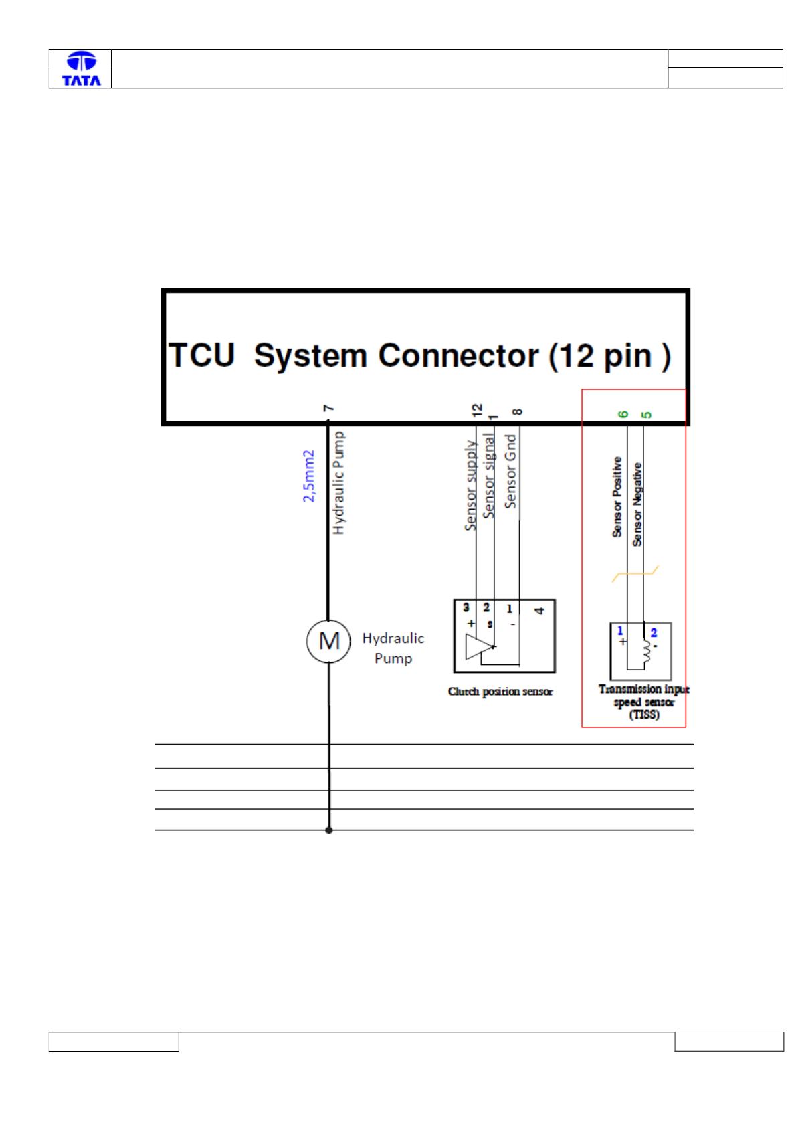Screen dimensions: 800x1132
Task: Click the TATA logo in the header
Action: click(x=81, y=68)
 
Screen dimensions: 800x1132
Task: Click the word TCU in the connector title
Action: click(x=201, y=355)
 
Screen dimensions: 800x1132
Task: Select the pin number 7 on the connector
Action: click(x=328, y=408)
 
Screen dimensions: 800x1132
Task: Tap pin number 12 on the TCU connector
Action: click(x=476, y=410)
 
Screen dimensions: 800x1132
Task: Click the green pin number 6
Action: click(x=623, y=414)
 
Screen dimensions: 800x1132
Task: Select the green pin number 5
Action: click(x=646, y=415)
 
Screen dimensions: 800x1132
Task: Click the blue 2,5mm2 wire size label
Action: click(x=308, y=476)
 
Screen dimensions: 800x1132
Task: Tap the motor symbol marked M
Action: click(x=328, y=642)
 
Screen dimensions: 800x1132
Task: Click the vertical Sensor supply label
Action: click(x=470, y=485)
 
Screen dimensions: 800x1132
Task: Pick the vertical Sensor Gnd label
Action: click(x=510, y=471)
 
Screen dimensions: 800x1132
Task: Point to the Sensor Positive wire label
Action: click(x=617, y=497)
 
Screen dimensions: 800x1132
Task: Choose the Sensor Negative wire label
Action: click(x=637, y=504)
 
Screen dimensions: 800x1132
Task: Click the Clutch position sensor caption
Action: click(x=500, y=691)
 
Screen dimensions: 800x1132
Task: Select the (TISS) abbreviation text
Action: click(x=644, y=714)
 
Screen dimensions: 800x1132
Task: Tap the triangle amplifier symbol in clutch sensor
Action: click(x=478, y=647)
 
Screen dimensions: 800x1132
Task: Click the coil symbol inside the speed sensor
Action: click(x=646, y=650)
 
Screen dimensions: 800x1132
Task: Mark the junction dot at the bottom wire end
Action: click(x=328, y=830)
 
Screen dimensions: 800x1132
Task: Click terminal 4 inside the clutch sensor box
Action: click(x=539, y=610)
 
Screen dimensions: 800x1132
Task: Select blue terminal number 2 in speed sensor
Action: click(x=654, y=632)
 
